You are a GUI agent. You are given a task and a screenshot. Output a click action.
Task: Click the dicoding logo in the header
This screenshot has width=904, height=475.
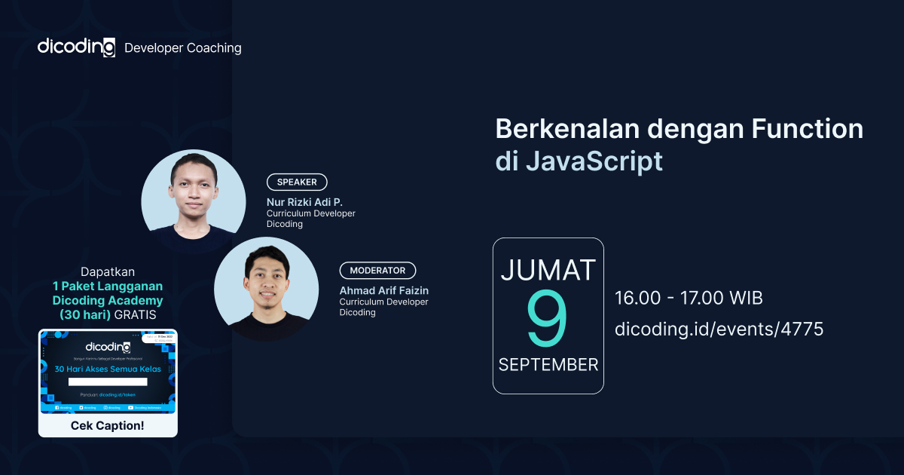[76, 47]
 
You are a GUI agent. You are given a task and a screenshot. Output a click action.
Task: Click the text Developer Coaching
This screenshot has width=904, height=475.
[182, 47]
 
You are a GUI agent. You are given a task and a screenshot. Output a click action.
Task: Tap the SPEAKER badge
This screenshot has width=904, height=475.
[297, 182]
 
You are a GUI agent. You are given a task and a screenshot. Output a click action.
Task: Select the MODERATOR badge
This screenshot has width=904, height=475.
[377, 271]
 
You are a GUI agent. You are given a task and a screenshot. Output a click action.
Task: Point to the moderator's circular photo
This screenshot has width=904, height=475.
[266, 288]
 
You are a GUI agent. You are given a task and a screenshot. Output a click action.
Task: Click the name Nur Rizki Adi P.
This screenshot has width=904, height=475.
[304, 202]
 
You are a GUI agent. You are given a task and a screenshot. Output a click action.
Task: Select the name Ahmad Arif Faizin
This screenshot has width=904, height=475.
[384, 290]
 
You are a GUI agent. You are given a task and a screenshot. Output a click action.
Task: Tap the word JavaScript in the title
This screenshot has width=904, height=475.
[594, 161]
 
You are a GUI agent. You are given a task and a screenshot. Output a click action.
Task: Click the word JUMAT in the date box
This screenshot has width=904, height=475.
[548, 270]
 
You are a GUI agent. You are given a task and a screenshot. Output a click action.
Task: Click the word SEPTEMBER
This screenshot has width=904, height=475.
[548, 365]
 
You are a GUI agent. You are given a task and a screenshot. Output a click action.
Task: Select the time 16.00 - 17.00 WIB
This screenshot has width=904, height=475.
[689, 298]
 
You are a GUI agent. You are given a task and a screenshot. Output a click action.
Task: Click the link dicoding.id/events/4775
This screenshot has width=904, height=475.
[719, 329]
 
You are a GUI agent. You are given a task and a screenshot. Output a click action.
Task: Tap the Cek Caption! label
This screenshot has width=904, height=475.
[108, 426]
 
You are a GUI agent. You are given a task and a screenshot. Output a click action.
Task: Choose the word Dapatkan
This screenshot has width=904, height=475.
[108, 271]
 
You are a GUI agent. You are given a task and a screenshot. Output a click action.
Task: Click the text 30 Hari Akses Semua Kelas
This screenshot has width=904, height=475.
[108, 369]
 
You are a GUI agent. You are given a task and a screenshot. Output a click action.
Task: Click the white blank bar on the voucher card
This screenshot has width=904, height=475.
[108, 382]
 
